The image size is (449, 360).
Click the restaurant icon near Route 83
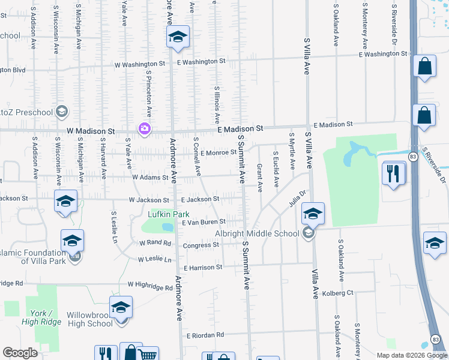coord(393,173)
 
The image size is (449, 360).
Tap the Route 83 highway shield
coord(412,156)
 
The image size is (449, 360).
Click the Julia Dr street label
coord(298,197)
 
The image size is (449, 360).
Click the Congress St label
coord(200,245)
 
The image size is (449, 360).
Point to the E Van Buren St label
coord(203,222)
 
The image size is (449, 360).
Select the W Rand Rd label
coord(155,244)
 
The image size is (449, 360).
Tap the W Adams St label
coord(146,177)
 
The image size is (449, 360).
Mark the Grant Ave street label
coord(260,178)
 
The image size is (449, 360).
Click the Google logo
coord(20,353)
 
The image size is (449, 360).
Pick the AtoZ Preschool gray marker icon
coord(61,112)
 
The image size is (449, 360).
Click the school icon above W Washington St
coord(178,38)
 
